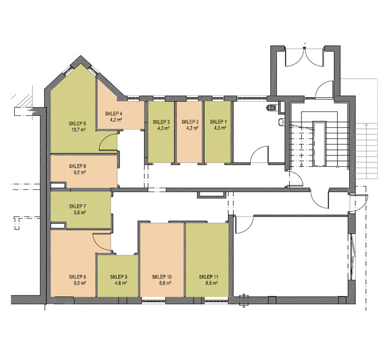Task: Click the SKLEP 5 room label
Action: pos(78,123)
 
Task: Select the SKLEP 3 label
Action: pos(161,122)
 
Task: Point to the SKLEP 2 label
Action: pos(190,122)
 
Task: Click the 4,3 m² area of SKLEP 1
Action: pos(220,128)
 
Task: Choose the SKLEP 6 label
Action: pos(78,166)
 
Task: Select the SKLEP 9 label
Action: pos(119,277)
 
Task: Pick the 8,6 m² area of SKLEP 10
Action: pos(165,283)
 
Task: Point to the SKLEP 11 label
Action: pos(208,277)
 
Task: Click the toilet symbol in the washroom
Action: pos(271,107)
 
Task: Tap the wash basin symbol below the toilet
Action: pos(281,122)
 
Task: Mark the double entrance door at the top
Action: pos(304,57)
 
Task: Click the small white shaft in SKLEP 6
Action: pos(59,185)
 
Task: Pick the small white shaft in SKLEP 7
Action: pos(58,226)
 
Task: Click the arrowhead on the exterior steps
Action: pos(366,124)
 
